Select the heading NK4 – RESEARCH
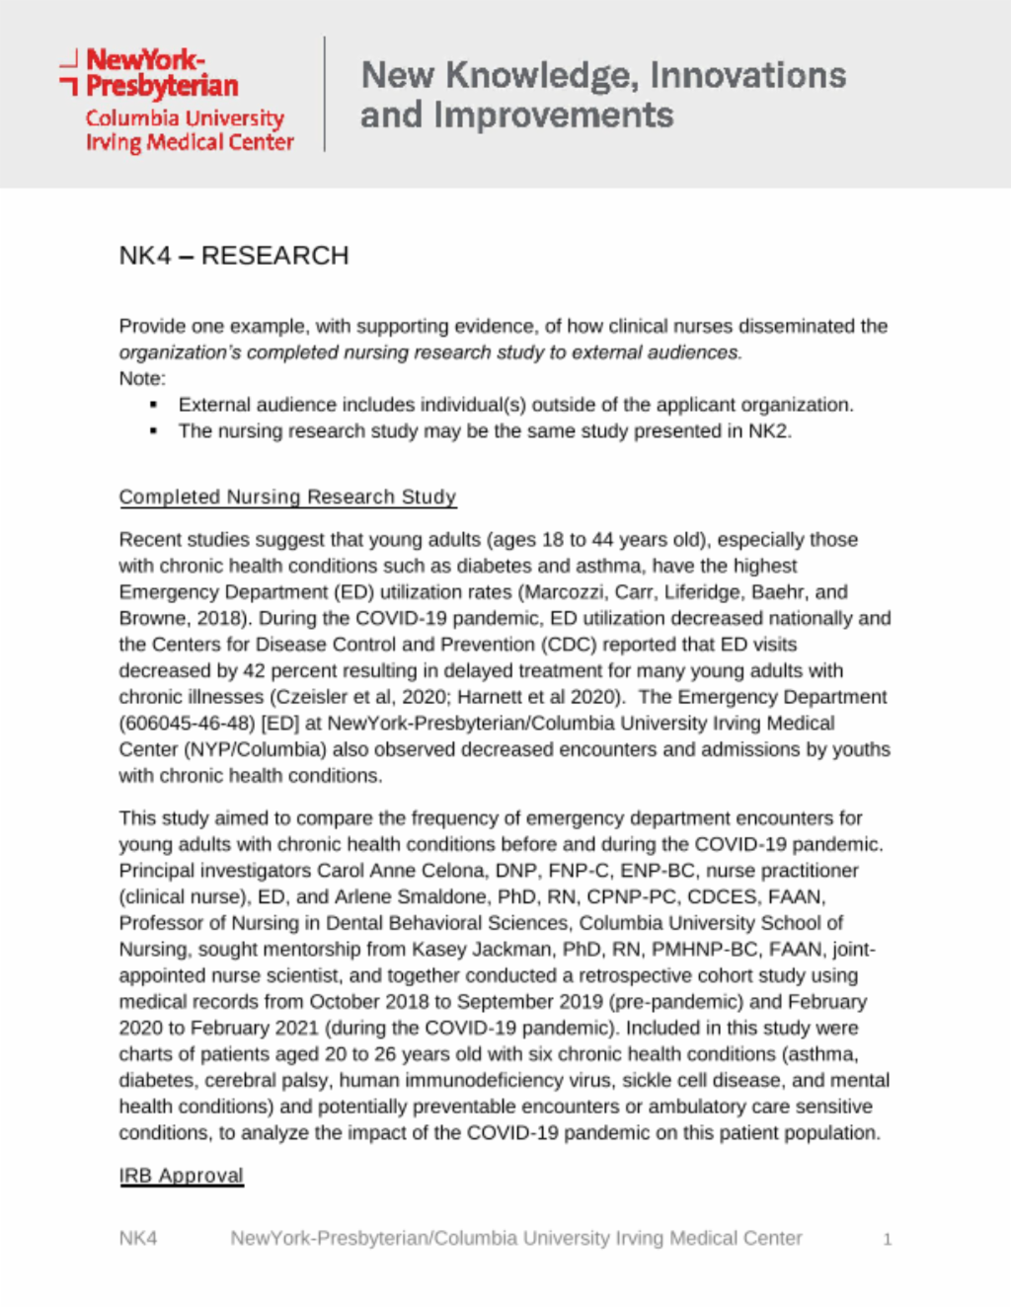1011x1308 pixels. tap(234, 256)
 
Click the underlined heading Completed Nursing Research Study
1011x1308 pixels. tap(287, 497)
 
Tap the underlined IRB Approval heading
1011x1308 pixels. tap(181, 1176)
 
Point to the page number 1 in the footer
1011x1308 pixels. tap(888, 1239)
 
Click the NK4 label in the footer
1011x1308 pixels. tap(138, 1238)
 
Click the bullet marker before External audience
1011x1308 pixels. tap(153, 406)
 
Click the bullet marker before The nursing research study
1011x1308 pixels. tap(153, 431)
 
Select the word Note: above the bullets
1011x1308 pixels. tap(142, 379)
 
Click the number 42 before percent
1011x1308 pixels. tap(255, 671)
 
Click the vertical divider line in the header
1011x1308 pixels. tap(325, 95)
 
